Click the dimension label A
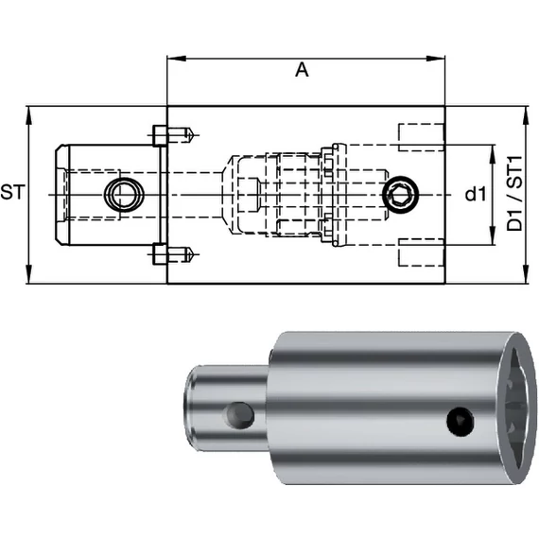point(302,70)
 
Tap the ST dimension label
point(12,192)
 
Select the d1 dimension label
point(476,195)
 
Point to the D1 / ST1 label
point(514,194)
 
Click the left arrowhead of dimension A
point(176,59)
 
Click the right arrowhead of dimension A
point(436,59)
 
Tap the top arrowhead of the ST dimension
point(29,116)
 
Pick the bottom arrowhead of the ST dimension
point(29,274)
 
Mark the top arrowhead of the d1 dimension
point(494,154)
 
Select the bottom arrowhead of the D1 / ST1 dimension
point(525,274)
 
